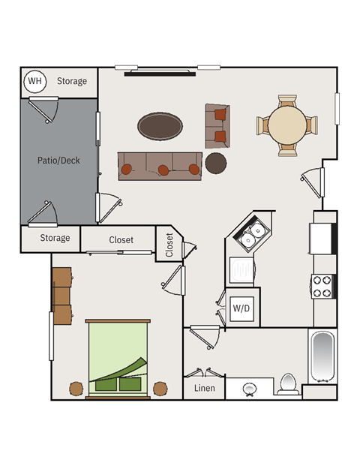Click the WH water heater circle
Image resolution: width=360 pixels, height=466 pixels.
tap(35, 81)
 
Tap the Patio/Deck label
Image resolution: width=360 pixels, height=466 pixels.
tap(58, 161)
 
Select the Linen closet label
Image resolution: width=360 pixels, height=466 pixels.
tap(204, 388)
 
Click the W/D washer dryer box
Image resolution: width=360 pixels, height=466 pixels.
tap(241, 308)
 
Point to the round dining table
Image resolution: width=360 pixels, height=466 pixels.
tap(287, 125)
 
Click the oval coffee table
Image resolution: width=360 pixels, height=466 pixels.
tap(160, 126)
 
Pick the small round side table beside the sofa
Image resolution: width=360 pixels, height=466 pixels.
tap(216, 163)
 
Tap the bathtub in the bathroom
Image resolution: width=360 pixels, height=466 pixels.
tap(322, 356)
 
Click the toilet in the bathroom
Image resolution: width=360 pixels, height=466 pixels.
tap(288, 384)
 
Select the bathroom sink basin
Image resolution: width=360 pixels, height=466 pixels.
tap(249, 389)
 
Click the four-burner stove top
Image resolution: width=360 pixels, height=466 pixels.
tap(322, 287)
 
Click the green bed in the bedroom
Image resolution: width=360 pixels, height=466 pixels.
tap(118, 359)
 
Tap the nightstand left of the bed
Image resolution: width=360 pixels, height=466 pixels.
tap(76, 389)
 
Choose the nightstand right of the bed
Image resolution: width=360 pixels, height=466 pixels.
tap(160, 389)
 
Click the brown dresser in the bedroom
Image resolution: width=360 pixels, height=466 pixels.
tap(62, 296)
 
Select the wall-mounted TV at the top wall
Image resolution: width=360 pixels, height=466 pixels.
tap(160, 73)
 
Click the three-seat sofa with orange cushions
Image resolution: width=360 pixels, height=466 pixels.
tap(160, 166)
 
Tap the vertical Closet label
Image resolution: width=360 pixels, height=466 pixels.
tap(169, 245)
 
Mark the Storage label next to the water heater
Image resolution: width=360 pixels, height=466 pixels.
tap(72, 81)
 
